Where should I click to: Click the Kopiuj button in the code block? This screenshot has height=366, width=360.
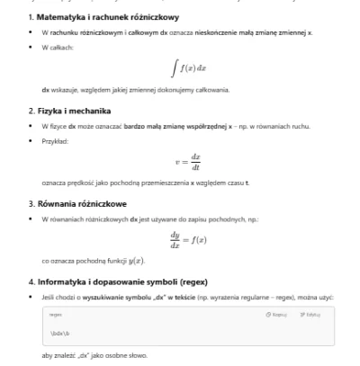pyautogui.click(x=276, y=315)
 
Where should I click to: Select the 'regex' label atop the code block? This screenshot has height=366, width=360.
pyautogui.click(x=56, y=315)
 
